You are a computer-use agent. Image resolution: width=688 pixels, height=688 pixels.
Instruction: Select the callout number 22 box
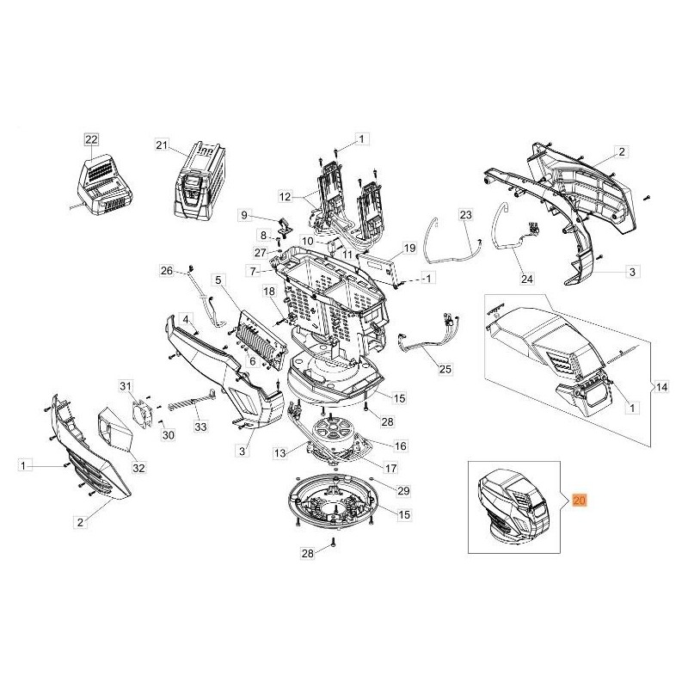(91, 139)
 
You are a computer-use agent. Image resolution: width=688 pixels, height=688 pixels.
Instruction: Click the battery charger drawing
(104, 183)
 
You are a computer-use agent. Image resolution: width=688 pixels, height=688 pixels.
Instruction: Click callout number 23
(465, 213)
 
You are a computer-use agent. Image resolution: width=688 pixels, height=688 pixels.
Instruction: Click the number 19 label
(409, 248)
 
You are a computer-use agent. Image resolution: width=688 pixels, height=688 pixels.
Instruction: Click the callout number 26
(167, 272)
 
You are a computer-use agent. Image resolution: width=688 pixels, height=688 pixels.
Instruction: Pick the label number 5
(218, 280)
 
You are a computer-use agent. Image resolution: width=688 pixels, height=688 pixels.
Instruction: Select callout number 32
(138, 468)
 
